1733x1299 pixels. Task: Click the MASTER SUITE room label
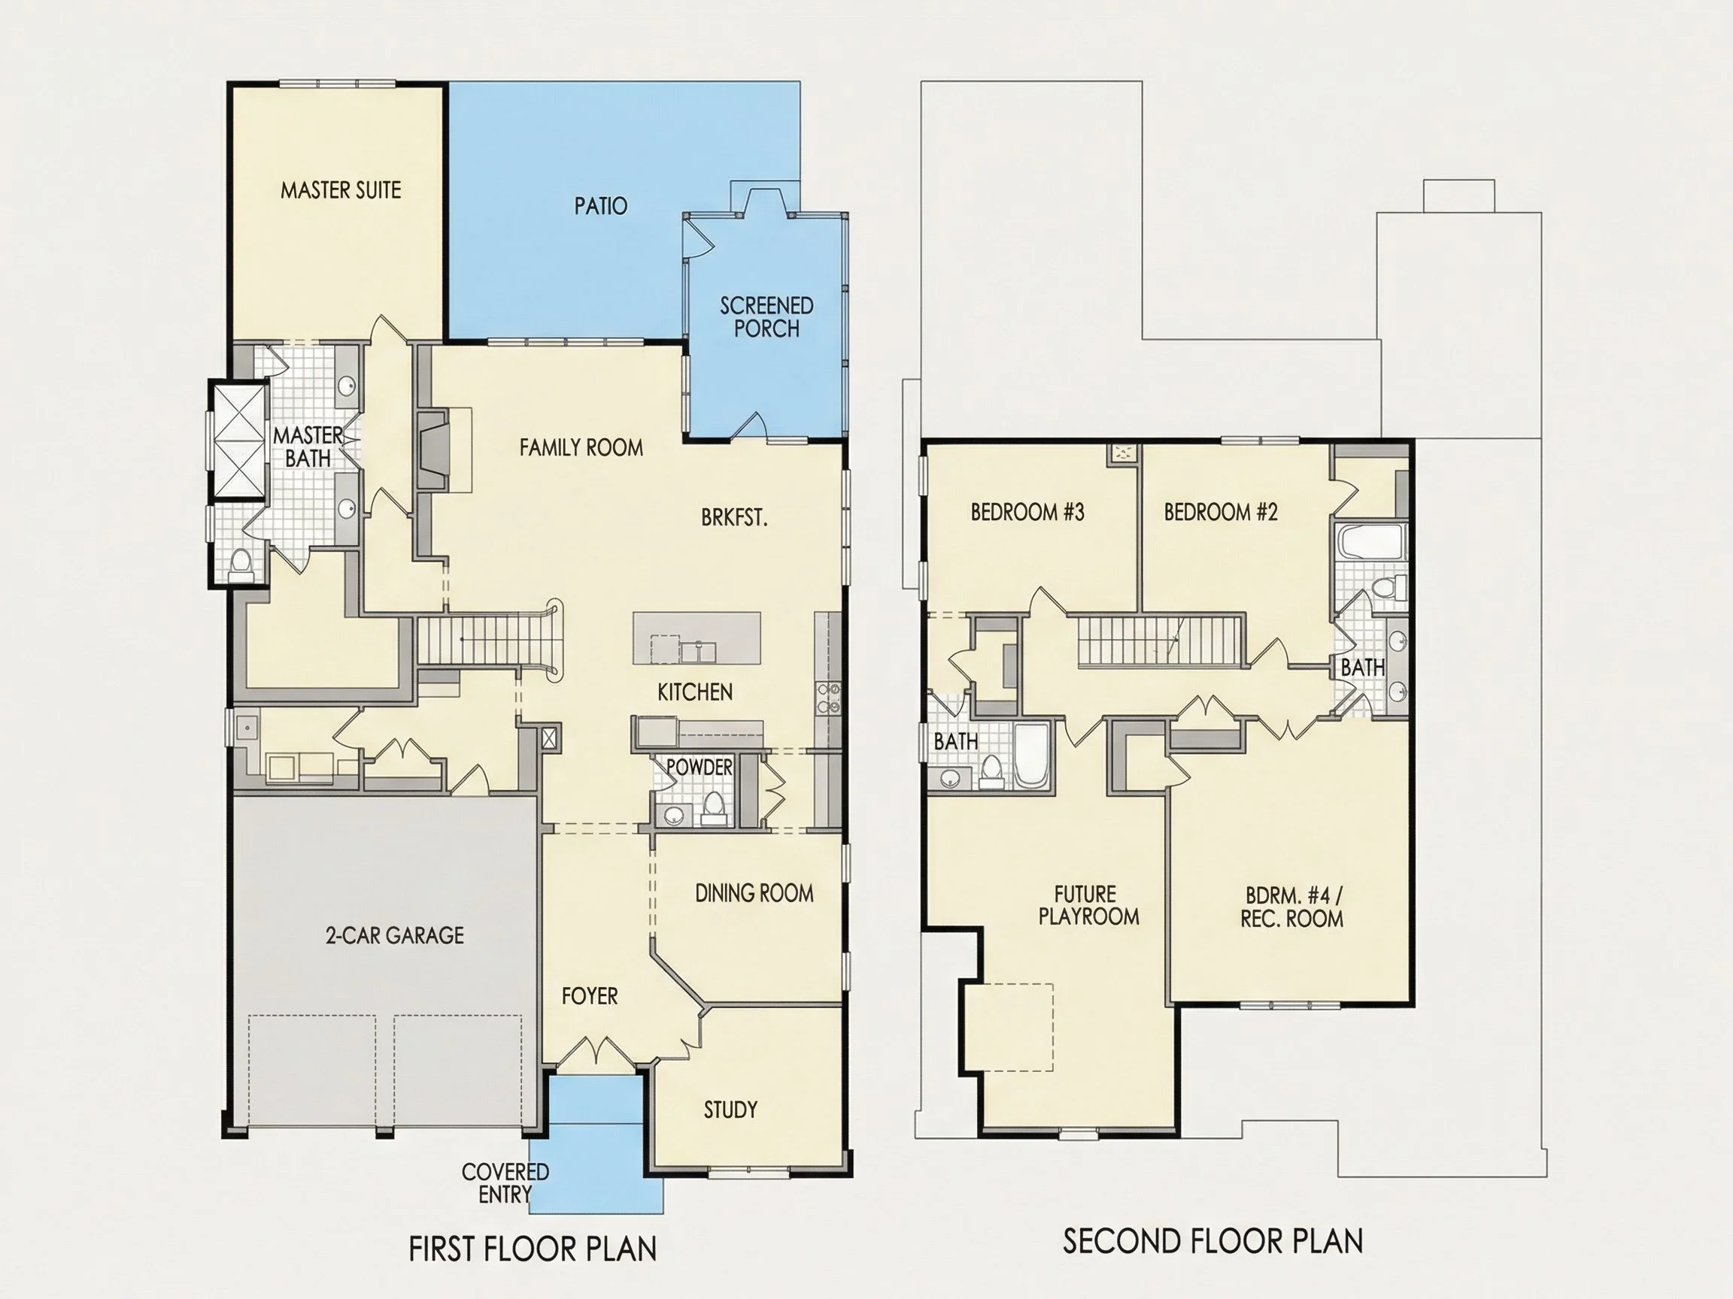click(x=341, y=190)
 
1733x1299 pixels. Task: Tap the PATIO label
click(x=601, y=206)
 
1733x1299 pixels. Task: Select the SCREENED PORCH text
click(x=766, y=316)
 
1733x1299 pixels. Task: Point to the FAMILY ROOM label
click(x=581, y=447)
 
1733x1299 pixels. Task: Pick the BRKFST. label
click(x=734, y=517)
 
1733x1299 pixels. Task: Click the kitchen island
click(x=697, y=638)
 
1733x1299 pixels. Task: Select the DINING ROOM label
click(x=754, y=892)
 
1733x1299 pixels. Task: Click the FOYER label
click(x=590, y=996)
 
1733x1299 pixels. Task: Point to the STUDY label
click(x=730, y=1110)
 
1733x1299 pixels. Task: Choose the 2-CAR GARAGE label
click(x=395, y=935)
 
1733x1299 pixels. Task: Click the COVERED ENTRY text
click(x=505, y=1182)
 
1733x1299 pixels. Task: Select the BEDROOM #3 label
click(x=1027, y=512)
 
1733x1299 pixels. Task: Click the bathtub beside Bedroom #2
click(x=1371, y=542)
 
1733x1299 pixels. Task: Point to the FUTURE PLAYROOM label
click(x=1088, y=905)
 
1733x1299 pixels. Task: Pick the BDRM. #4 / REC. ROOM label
click(x=1293, y=907)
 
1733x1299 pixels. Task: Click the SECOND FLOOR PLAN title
click(x=1212, y=1241)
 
